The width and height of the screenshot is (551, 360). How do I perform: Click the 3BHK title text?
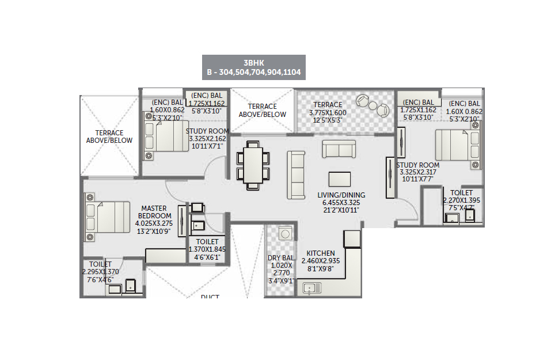pos(254,63)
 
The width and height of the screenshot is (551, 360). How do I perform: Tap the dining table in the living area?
pos(253,165)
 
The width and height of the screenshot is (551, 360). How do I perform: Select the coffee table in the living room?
pos(340,179)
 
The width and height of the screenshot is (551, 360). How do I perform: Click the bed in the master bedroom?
pos(107,217)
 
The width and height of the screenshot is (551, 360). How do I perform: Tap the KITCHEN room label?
pos(321,253)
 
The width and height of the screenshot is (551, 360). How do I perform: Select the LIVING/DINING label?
pos(341,195)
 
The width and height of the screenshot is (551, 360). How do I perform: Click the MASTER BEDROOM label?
pos(155,212)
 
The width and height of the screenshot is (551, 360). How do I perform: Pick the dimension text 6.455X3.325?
pos(341,203)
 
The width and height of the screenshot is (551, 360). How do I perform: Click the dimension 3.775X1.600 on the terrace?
pos(328,113)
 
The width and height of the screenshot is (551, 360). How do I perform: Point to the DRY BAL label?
pos(281,257)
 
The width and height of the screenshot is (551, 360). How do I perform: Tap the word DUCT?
pos(210,297)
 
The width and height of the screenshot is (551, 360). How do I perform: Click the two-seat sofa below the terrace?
pos(339,149)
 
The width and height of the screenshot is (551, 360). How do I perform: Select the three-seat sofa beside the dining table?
pos(296,175)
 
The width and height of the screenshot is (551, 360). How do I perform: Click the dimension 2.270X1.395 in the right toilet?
pos(461,200)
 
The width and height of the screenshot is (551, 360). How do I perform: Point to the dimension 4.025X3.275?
pos(154,223)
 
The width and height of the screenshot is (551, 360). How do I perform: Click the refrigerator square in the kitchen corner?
pos(352,238)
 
